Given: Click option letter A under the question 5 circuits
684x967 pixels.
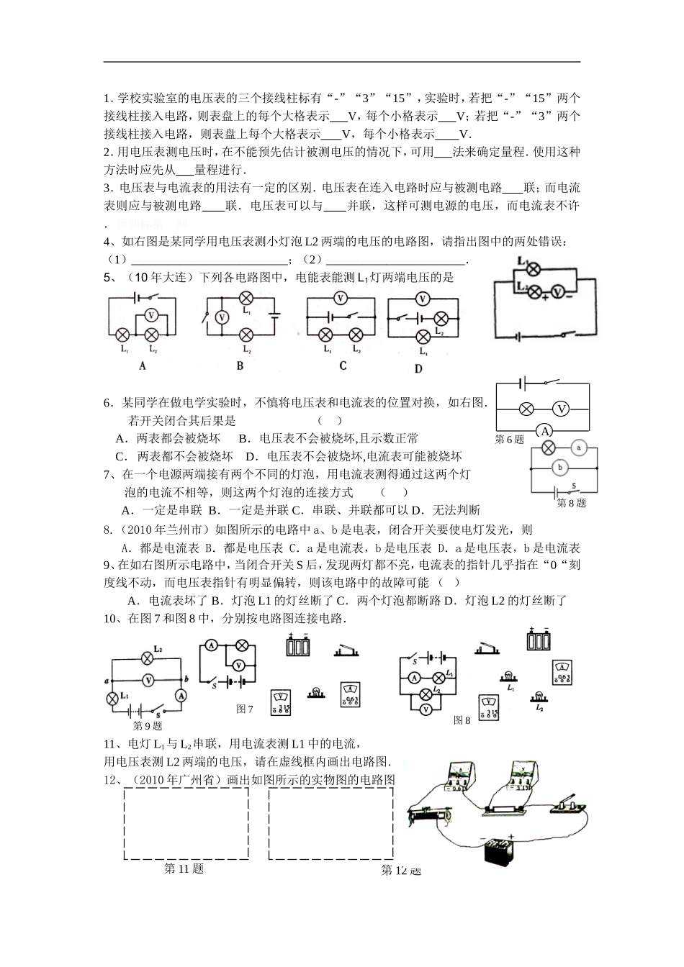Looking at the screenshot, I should click(x=142, y=365).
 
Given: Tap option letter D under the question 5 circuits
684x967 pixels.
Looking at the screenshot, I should click(x=418, y=368).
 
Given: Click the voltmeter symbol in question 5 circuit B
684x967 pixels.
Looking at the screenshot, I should click(x=222, y=317).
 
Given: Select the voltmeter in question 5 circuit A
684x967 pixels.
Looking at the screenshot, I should click(x=150, y=315).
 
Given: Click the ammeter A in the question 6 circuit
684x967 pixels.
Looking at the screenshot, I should click(x=545, y=431).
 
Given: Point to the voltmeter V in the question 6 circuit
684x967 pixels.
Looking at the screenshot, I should click(x=562, y=409).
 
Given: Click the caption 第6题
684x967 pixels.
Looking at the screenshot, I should click(x=510, y=440).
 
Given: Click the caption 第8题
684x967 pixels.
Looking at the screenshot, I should click(x=572, y=504).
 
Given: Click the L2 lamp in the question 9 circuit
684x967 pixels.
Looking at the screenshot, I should click(x=148, y=658).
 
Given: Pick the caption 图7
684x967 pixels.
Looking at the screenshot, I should click(x=245, y=709).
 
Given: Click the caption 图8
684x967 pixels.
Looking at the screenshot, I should click(x=462, y=719).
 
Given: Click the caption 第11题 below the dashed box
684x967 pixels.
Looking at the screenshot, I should click(x=184, y=869).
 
